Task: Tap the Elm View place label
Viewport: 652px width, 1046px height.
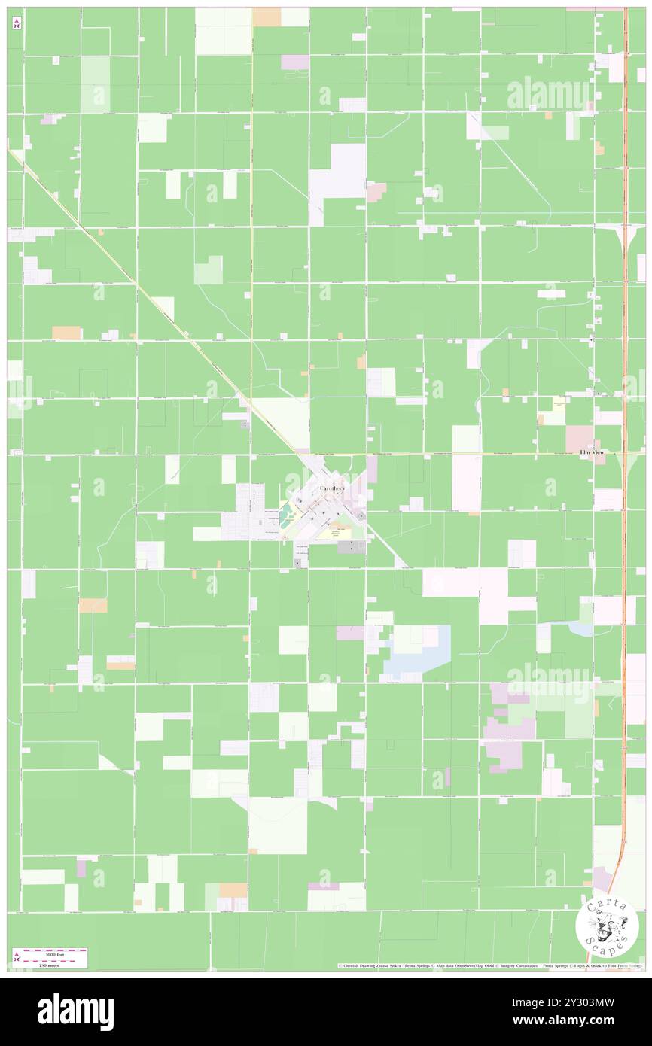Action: (x=592, y=452)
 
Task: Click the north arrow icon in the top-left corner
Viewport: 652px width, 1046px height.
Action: (x=17, y=23)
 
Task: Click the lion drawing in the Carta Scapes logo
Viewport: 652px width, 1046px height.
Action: (x=608, y=925)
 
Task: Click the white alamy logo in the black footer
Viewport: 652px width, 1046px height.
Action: (x=75, y=1012)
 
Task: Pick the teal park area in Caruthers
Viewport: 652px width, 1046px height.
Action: (x=286, y=516)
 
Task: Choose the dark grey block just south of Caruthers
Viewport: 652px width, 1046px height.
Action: (x=351, y=547)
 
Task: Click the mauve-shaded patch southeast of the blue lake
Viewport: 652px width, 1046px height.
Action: (x=509, y=734)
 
